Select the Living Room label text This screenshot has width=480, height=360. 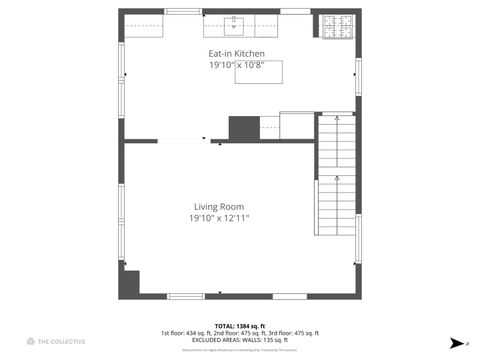(219, 207)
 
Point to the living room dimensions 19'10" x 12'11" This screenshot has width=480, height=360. (219, 218)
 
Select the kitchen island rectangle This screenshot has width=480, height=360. (258, 71)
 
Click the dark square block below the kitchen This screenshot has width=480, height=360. (244, 128)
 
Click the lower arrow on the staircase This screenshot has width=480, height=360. (337, 178)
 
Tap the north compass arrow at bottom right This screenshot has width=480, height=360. (456, 343)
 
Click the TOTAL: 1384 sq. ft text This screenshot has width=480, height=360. (239, 326)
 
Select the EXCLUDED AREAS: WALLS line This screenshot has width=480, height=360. (239, 340)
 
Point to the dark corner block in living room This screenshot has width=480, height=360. (129, 281)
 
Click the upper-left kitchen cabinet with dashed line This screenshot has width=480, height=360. (144, 27)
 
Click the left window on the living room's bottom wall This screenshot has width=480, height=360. (186, 296)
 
